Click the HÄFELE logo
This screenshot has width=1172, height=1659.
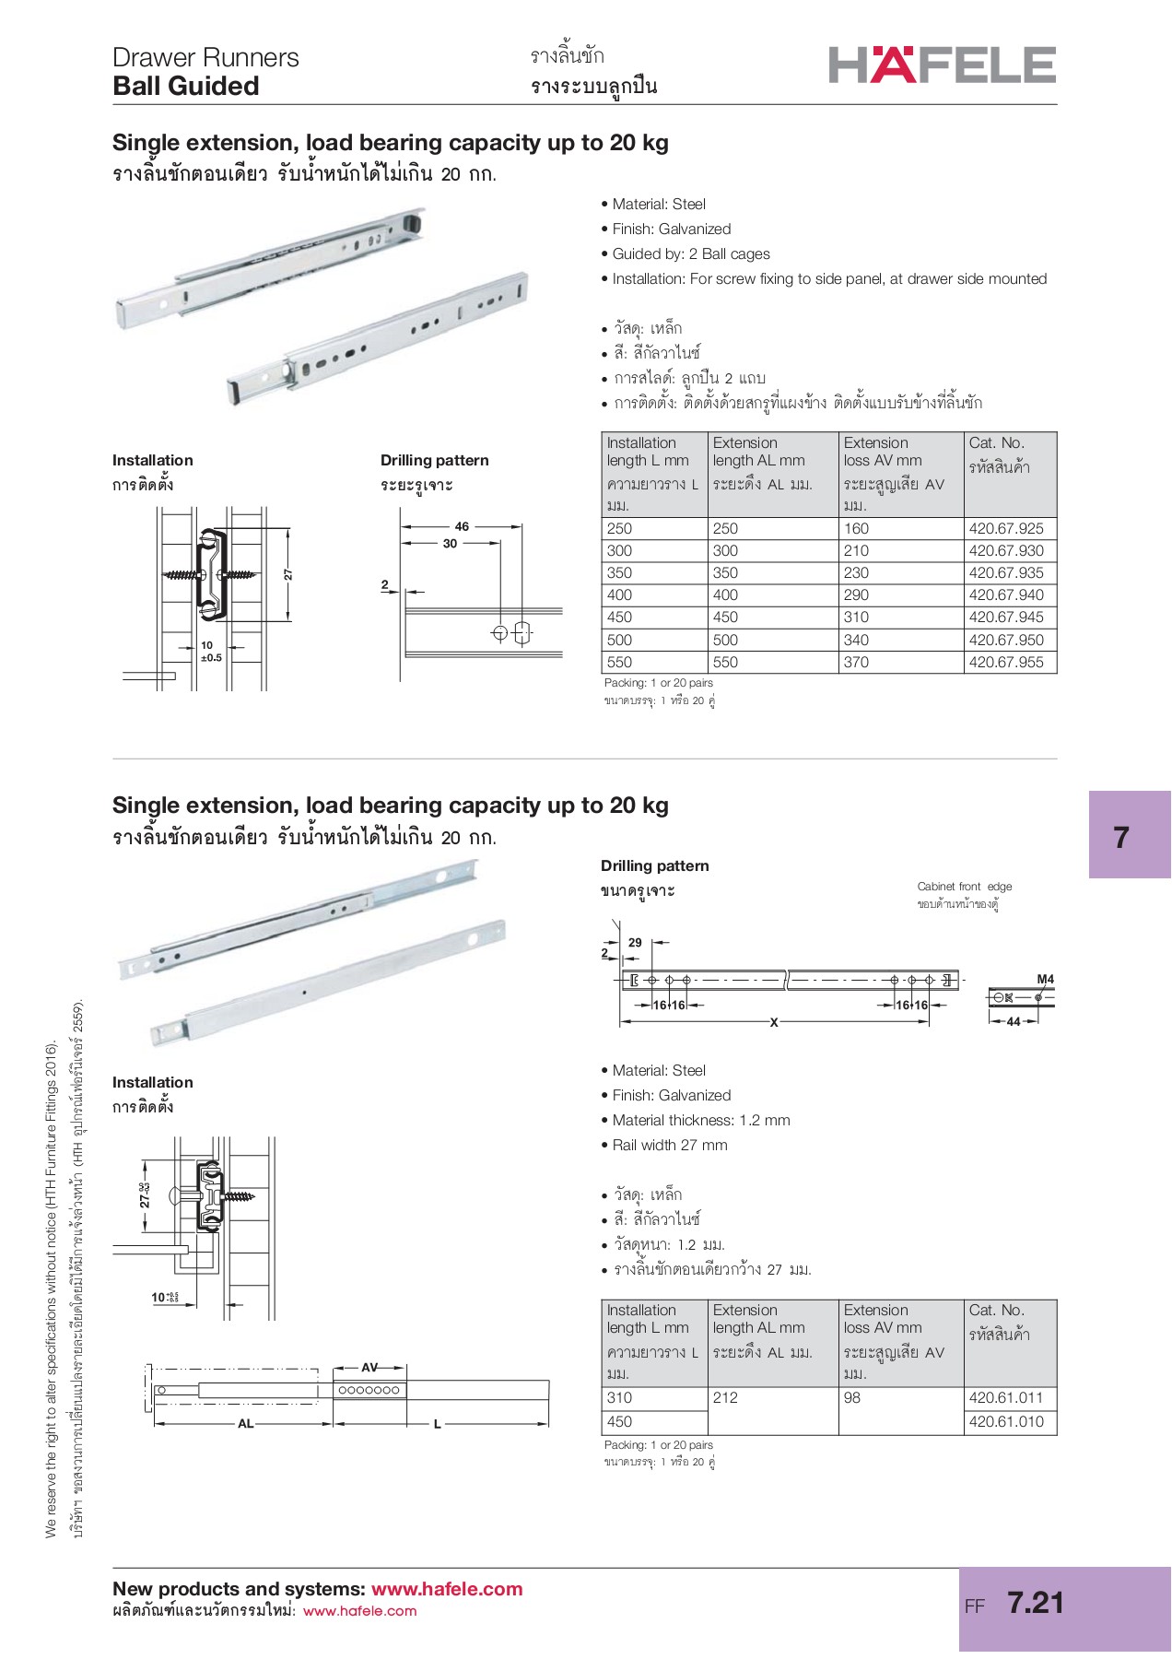tap(942, 65)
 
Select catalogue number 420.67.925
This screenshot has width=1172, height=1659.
tap(1006, 528)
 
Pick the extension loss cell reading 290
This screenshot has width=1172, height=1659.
tap(856, 595)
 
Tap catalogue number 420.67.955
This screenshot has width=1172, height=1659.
tap(1006, 662)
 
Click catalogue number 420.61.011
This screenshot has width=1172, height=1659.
tap(1006, 1397)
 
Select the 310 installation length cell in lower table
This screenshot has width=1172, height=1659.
tap(620, 1397)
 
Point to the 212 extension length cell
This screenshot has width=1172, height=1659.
tap(726, 1397)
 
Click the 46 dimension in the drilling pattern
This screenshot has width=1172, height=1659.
tap(462, 526)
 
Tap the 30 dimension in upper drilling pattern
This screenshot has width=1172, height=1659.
tap(450, 544)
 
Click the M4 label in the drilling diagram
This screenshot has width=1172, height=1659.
tap(1045, 979)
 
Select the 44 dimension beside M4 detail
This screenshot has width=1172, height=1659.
tap(1014, 1021)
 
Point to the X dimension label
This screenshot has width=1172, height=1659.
tap(774, 1022)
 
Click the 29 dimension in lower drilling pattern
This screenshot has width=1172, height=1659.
tap(635, 942)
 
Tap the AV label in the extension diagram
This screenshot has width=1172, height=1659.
tap(369, 1368)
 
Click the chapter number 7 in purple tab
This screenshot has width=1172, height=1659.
tap(1120, 837)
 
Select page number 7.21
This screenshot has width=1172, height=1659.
tap(1036, 1603)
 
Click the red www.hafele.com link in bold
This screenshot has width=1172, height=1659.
tap(446, 1589)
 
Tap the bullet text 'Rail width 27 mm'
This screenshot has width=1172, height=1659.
tap(670, 1145)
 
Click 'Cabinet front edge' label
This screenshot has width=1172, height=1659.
tap(964, 887)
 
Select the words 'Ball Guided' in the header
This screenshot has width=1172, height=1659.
tap(186, 87)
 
